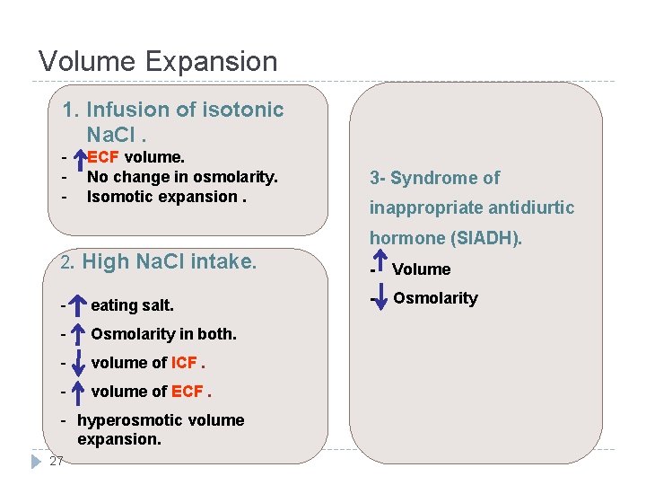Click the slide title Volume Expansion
point(158,61)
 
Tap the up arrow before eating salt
point(78,305)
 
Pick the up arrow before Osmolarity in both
point(78,334)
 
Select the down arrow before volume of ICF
point(78,363)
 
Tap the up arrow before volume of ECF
point(78,392)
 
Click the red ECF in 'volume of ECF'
point(187,392)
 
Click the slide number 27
point(57,461)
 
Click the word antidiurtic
point(524,207)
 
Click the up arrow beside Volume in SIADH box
point(379,266)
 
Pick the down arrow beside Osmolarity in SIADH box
point(379,297)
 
